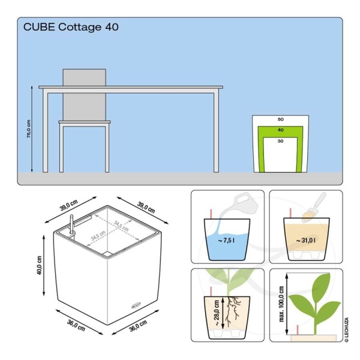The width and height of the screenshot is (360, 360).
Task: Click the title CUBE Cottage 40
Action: (70, 27)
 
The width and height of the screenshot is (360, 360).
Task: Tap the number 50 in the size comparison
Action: (280, 119)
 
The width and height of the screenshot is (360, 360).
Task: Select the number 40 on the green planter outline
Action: (280, 130)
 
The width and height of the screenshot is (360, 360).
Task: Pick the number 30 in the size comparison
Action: (280, 142)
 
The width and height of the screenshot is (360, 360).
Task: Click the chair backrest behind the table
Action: (85, 78)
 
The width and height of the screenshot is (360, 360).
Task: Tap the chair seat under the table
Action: (85, 122)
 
